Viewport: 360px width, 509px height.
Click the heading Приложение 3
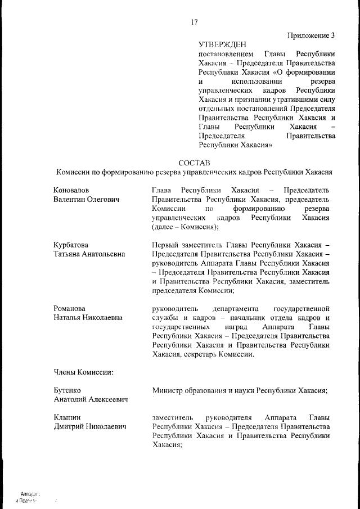(x=311, y=35)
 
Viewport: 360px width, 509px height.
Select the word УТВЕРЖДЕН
(x=222, y=44)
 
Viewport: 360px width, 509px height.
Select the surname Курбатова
(x=71, y=245)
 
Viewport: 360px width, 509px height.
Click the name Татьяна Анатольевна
(x=89, y=254)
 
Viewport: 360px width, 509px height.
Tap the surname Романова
(x=69, y=308)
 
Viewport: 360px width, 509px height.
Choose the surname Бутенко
(x=67, y=390)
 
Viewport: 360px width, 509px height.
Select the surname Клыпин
(x=66, y=418)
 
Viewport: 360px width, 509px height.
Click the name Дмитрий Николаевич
(x=89, y=427)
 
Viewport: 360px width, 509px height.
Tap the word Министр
(x=168, y=390)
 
